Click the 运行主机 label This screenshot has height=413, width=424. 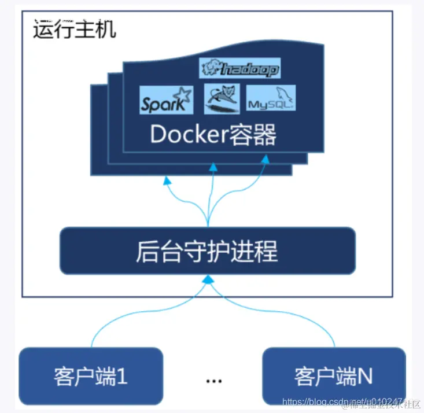pyautogui.click(x=74, y=29)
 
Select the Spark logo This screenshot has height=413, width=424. pyautogui.click(x=166, y=100)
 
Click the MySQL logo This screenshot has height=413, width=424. pyautogui.click(x=271, y=98)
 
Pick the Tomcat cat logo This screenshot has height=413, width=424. pyautogui.click(x=222, y=98)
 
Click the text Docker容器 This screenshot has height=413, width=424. pyautogui.click(x=213, y=134)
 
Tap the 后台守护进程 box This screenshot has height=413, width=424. pyautogui.click(x=207, y=251)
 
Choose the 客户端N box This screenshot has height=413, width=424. pyautogui.click(x=333, y=375)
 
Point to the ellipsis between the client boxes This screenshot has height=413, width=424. pyautogui.click(x=214, y=380)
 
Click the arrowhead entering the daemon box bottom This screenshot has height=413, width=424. pyautogui.click(x=207, y=280)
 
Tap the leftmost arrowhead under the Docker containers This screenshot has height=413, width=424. pyautogui.click(x=167, y=180)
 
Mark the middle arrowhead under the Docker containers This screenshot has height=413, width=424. pyautogui.click(x=212, y=167)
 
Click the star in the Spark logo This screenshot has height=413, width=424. pyautogui.click(x=182, y=94)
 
